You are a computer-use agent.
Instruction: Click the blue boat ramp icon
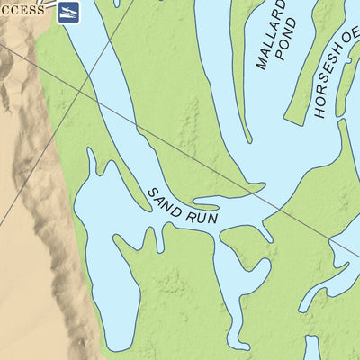69,13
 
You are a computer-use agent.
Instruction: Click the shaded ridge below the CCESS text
18,72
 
